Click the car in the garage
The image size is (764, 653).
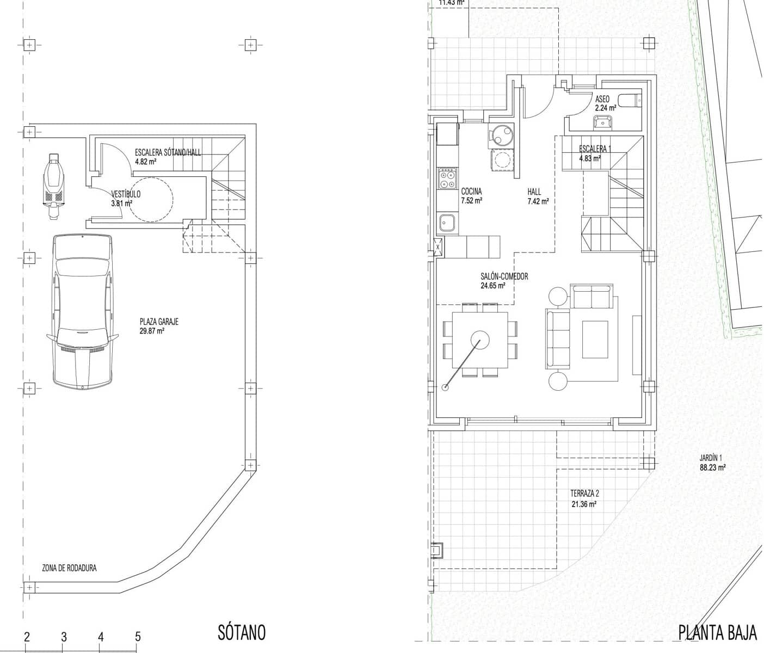click(83, 311)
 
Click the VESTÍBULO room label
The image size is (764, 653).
click(126, 194)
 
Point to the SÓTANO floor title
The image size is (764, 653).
click(242, 632)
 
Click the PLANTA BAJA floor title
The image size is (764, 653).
click(717, 633)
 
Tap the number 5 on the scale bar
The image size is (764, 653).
click(138, 636)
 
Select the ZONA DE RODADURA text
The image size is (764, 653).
click(69, 568)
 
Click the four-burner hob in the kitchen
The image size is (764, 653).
click(448, 179)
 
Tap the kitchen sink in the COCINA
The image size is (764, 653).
click(448, 222)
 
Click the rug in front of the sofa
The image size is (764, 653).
click(595, 340)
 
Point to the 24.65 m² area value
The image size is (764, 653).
click(493, 285)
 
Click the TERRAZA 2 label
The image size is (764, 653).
click(584, 494)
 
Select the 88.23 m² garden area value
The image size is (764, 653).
click(712, 467)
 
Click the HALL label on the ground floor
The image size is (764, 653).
click(534, 192)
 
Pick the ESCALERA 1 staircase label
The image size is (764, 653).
click(595, 149)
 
